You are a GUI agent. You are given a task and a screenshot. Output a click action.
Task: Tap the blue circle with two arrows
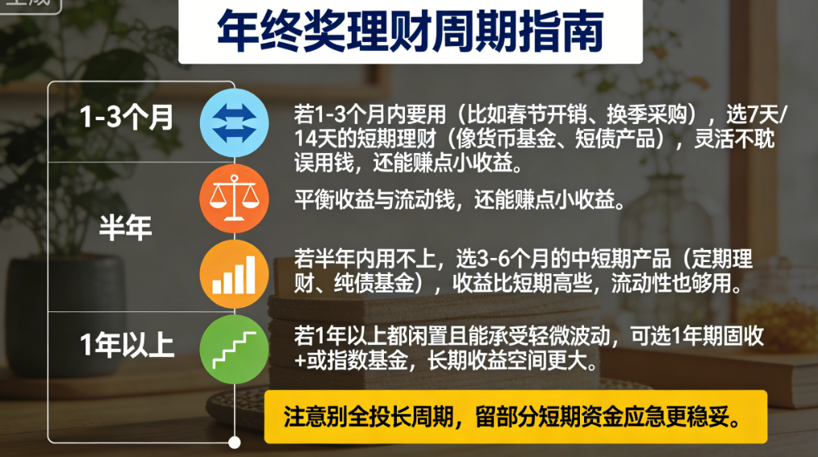[x=234, y=123]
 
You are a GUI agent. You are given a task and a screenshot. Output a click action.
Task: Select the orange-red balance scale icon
[x=234, y=198]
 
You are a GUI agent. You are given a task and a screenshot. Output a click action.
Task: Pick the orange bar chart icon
[x=234, y=274]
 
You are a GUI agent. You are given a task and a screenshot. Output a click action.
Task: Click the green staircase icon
[x=234, y=349]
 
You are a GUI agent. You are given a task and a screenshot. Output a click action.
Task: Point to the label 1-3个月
[x=126, y=116]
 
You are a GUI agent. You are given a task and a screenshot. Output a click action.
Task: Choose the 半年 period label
[x=126, y=227]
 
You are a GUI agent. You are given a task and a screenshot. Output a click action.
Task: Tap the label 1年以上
[x=127, y=344]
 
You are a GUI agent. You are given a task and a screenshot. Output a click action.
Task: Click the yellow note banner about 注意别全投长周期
[x=515, y=417]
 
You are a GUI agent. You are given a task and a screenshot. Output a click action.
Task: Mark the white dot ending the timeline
[x=235, y=442]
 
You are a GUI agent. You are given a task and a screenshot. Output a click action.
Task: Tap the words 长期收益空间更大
[x=513, y=360]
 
